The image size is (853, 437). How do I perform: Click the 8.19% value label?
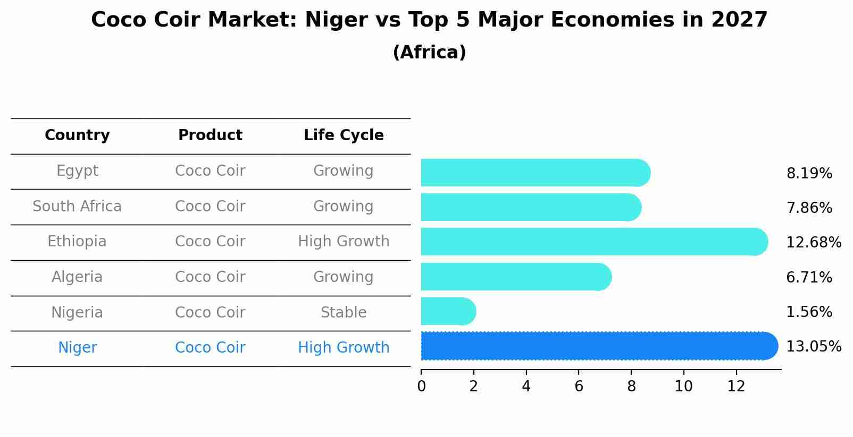point(809,174)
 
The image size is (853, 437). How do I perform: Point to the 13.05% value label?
point(813,347)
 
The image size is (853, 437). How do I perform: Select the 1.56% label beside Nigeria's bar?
point(809,312)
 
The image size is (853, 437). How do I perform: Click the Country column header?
point(77,135)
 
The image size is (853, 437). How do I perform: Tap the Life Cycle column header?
point(344,135)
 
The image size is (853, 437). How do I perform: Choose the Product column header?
point(210,135)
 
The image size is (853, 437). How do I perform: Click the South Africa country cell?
point(77,207)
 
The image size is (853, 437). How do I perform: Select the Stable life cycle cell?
point(344,313)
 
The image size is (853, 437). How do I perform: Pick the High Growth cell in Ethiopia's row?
point(344,242)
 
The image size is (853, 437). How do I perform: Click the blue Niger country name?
point(77,348)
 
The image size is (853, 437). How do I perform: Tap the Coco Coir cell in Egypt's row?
point(210,171)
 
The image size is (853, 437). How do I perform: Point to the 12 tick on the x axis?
point(736,387)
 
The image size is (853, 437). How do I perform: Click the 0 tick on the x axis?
point(421,387)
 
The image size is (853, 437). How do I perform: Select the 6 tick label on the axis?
point(579,387)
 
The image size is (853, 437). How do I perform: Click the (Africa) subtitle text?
point(429,53)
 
